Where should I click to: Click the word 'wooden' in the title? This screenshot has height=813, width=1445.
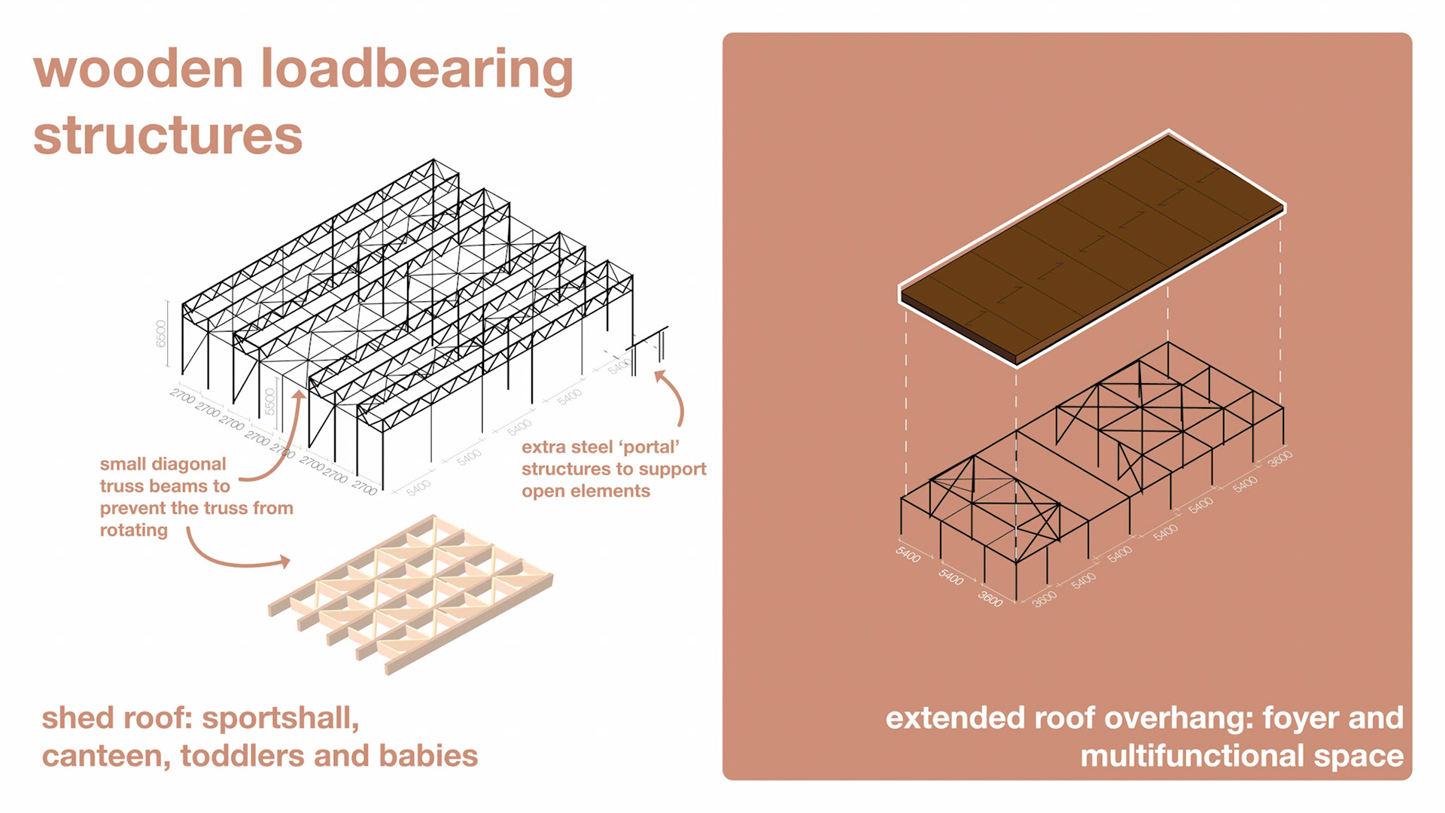[x=138, y=69]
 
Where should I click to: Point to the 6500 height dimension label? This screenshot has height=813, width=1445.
[x=161, y=333]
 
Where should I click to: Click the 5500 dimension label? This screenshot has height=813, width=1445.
[x=270, y=402]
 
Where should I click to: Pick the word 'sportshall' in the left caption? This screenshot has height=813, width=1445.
[x=280, y=719]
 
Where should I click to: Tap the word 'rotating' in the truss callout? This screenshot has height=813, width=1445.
[x=134, y=530]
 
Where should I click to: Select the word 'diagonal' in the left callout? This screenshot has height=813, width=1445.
[x=188, y=464]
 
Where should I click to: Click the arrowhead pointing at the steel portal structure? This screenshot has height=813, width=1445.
[x=660, y=376]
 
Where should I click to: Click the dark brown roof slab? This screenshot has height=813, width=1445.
[x=1091, y=248]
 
